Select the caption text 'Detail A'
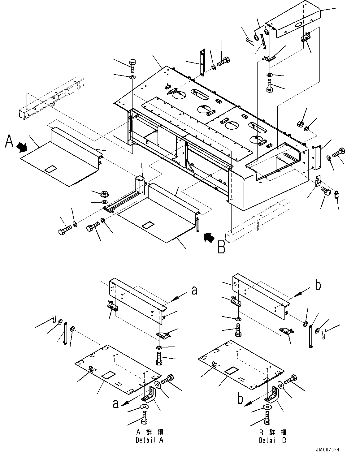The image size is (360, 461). pos(150,440)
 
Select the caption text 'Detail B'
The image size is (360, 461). pos(273,440)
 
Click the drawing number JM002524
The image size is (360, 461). pos(330,450)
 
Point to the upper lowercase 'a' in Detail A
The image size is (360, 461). pos(194,291)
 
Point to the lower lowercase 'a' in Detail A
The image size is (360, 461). pos(115,404)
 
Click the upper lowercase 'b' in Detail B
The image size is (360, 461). pos(318,286)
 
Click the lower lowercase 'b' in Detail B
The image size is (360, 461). pos(240,399)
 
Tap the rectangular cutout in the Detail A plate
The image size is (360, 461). pos(108,376)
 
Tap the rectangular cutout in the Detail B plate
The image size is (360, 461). pos(231,370)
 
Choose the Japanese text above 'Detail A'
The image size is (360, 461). pos(150,432)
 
